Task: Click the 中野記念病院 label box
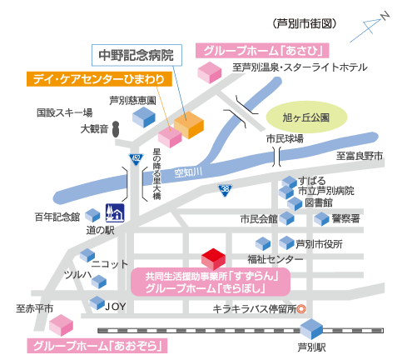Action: click(x=136, y=55)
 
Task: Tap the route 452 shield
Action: click(x=136, y=159)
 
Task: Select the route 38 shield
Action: click(x=225, y=191)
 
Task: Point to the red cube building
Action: click(x=213, y=259)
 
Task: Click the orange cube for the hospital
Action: click(x=189, y=125)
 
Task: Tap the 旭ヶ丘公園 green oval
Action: click(x=306, y=117)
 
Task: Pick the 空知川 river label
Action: click(x=188, y=172)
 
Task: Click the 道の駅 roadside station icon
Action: click(x=115, y=213)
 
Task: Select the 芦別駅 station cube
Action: click(x=311, y=328)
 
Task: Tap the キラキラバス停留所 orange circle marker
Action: click(x=301, y=309)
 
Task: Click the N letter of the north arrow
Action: click(x=385, y=16)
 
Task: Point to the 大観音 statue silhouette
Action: click(x=116, y=129)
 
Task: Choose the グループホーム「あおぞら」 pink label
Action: click(x=97, y=346)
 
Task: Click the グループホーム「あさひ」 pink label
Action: click(x=262, y=51)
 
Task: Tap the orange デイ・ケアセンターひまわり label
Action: click(x=99, y=79)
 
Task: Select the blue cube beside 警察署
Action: click(x=322, y=219)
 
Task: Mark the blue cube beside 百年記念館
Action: click(x=92, y=216)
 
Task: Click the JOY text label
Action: click(x=116, y=306)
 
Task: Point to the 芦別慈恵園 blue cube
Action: click(x=144, y=117)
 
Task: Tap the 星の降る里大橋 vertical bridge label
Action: click(x=156, y=173)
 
